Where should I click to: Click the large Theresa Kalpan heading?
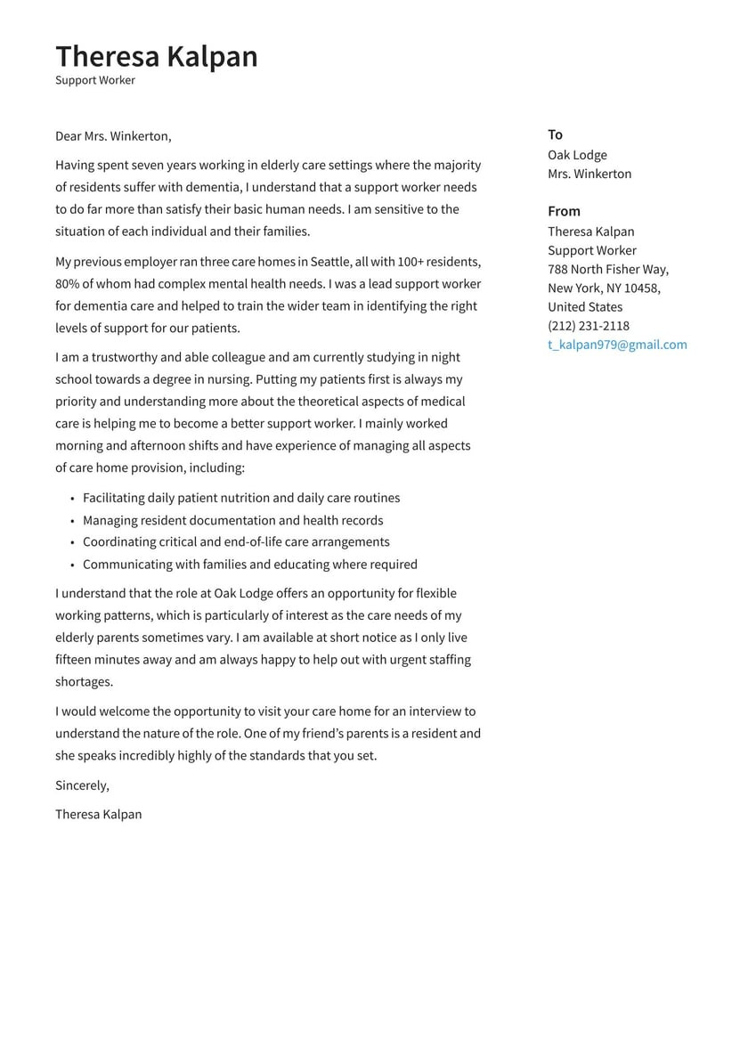click(x=156, y=56)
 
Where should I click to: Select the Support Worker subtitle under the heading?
click(x=95, y=80)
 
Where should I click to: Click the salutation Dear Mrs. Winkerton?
click(x=113, y=136)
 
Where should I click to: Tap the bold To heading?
click(x=555, y=134)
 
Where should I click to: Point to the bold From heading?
click(x=564, y=211)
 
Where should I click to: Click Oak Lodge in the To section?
click(x=577, y=155)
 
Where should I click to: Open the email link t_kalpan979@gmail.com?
click(x=617, y=345)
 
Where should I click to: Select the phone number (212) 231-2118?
click(x=588, y=326)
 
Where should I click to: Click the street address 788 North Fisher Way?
click(x=607, y=269)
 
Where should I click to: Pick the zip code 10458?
click(x=642, y=288)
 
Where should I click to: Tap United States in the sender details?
click(x=585, y=307)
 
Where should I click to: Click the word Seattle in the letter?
click(x=330, y=262)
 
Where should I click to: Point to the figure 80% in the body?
click(x=67, y=284)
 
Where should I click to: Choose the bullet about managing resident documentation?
click(x=232, y=520)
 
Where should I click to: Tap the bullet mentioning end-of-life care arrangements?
click(x=236, y=541)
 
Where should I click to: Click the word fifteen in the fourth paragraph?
click(x=76, y=660)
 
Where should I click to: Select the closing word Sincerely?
click(x=82, y=785)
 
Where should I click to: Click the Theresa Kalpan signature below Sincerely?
click(x=98, y=814)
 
